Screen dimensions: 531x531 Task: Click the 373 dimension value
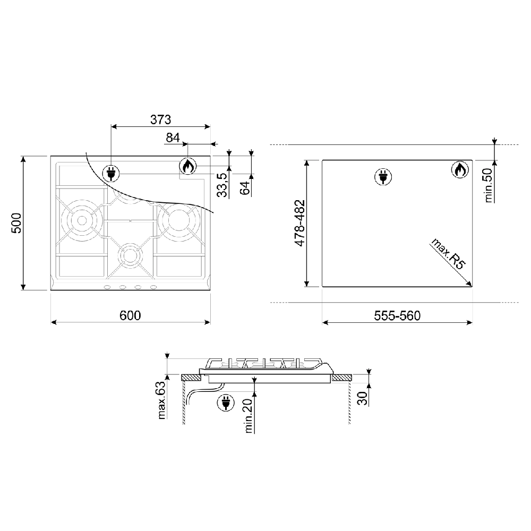[x=160, y=119]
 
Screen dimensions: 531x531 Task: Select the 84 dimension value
[x=173, y=138]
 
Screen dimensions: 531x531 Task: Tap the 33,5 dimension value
[x=222, y=185]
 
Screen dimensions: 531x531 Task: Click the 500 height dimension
[x=16, y=223]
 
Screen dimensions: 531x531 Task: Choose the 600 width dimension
[x=130, y=315]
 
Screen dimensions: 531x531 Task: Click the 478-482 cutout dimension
[x=299, y=223]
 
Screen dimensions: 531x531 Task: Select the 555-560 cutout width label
[x=397, y=315]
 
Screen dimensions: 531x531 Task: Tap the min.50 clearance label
[x=489, y=185]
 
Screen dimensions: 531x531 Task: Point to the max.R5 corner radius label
[x=448, y=254]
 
